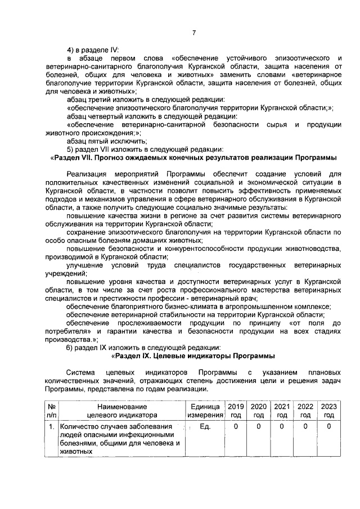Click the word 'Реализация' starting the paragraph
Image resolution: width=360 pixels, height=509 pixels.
point(85,174)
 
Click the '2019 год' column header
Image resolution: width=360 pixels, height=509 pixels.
point(236,411)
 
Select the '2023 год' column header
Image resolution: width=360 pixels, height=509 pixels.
point(329,411)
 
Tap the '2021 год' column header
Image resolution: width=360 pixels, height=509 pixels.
point(281,411)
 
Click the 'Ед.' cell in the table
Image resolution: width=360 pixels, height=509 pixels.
point(205,427)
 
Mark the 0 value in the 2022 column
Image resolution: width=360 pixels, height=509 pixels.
point(305,427)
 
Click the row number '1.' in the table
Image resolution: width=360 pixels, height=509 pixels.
point(51,427)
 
